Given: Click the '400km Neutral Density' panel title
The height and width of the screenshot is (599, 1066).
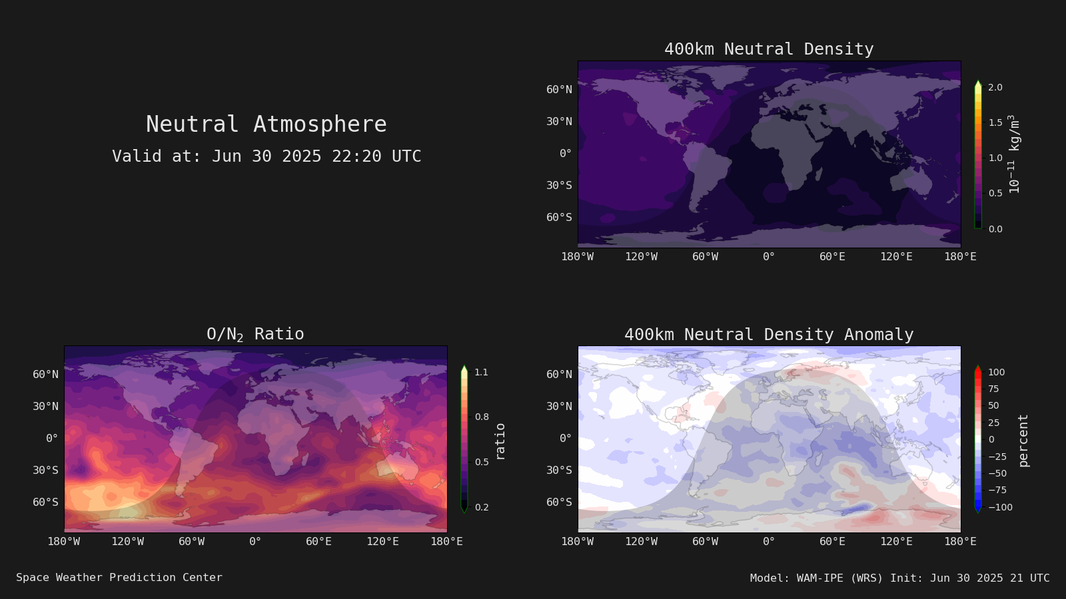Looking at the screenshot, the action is (x=769, y=49).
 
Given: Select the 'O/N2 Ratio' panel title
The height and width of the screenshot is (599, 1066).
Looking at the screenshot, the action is (x=255, y=334).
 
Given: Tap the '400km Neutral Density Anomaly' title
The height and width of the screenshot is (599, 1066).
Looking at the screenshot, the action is (x=769, y=335).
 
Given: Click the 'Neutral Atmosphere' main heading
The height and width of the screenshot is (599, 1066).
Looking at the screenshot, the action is (x=266, y=124).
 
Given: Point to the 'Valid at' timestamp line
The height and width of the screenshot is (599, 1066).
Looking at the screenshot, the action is (x=266, y=156).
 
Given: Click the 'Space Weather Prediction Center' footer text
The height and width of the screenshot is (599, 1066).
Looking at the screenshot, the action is (x=119, y=578).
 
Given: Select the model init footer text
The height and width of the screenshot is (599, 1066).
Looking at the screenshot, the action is (x=899, y=578).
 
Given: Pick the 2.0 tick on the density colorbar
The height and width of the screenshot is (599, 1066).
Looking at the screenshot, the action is (x=995, y=87).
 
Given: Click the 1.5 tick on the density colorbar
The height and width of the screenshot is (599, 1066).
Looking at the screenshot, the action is (x=995, y=122).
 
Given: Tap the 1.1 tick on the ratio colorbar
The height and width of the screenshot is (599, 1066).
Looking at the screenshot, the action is (x=481, y=372).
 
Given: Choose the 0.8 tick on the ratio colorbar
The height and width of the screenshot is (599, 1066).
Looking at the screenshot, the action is (x=482, y=417).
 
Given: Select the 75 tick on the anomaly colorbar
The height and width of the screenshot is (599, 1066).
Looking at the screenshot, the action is (x=993, y=389).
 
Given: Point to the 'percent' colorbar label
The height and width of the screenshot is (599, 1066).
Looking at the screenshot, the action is (x=1023, y=441).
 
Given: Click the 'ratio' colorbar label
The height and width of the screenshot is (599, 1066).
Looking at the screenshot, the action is (x=500, y=442).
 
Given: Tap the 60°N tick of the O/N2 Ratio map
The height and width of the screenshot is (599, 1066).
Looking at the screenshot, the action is (x=46, y=374).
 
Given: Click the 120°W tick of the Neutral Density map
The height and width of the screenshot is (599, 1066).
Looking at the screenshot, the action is (x=641, y=257).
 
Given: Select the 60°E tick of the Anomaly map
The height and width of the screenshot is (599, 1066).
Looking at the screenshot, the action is (x=832, y=542).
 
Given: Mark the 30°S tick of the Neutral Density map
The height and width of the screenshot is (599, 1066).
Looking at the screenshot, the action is (x=559, y=186).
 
